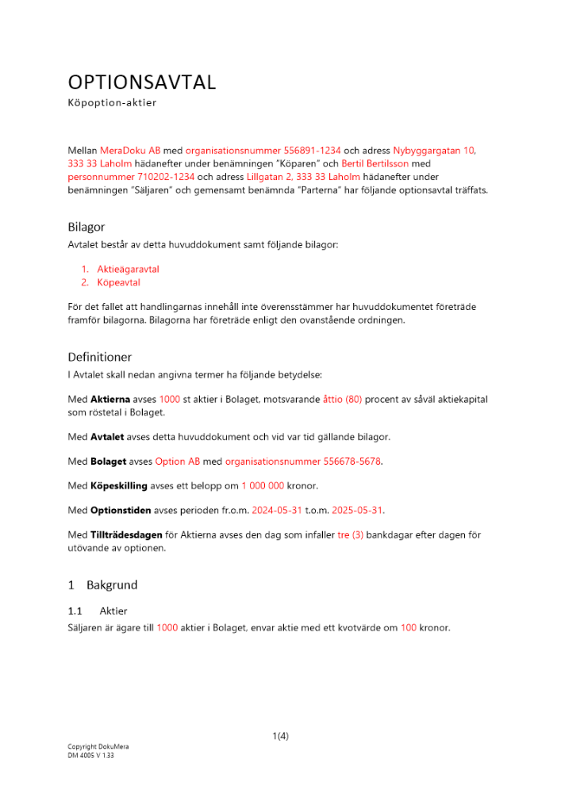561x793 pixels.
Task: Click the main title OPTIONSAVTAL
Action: pyautogui.click(x=142, y=82)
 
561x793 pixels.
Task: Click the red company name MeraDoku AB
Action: pyautogui.click(x=130, y=150)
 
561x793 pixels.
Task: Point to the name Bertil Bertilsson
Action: pyautogui.click(x=375, y=163)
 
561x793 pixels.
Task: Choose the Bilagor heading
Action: pyautogui.click(x=86, y=227)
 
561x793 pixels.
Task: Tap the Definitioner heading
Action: pyautogui.click(x=100, y=357)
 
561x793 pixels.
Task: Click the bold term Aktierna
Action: pyautogui.click(x=110, y=400)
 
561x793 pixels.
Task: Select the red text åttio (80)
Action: pyautogui.click(x=342, y=400)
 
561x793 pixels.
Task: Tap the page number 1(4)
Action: pyautogui.click(x=280, y=736)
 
